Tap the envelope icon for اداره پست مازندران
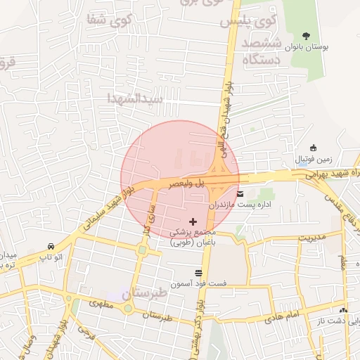[x=241, y=193]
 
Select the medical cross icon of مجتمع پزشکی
[x=193, y=221]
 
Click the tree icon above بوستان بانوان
[x=305, y=35]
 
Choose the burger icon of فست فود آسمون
[x=198, y=273]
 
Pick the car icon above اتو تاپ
[x=51, y=246]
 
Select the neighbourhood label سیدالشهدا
[x=137, y=98]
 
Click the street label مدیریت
[x=313, y=238]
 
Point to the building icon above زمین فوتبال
[x=312, y=148]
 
